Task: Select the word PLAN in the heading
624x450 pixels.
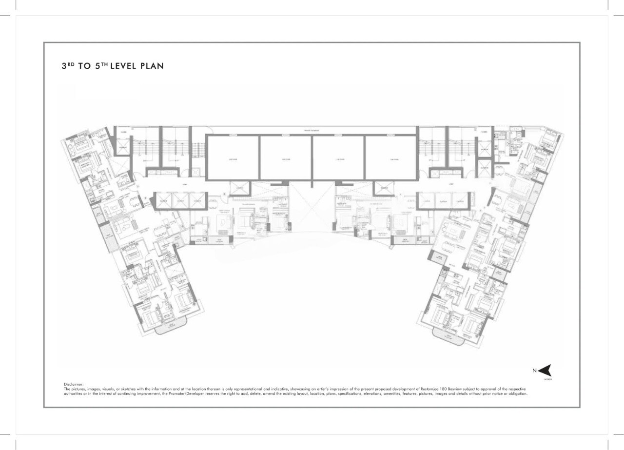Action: coord(152,66)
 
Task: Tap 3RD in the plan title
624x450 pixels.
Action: coord(68,66)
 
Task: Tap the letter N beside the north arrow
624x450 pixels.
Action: coord(534,371)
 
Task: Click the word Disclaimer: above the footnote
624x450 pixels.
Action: coord(74,384)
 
